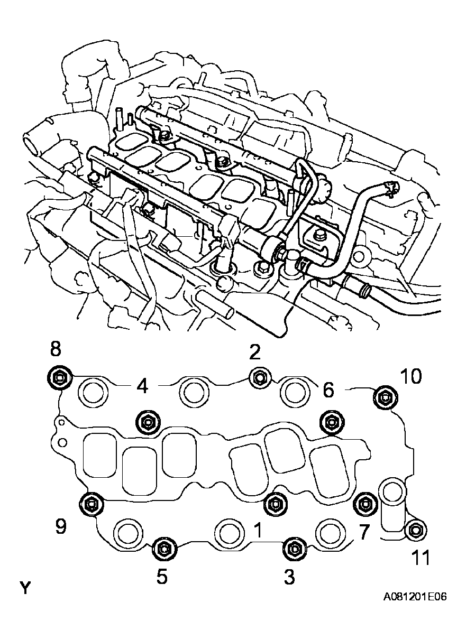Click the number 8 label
[55, 349]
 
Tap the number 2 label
[255, 351]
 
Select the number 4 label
[142, 387]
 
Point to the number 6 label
[328, 391]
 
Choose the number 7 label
[364, 532]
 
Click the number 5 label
[162, 577]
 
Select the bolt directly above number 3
[293, 549]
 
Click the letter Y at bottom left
[24, 588]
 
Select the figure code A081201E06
[415, 597]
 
